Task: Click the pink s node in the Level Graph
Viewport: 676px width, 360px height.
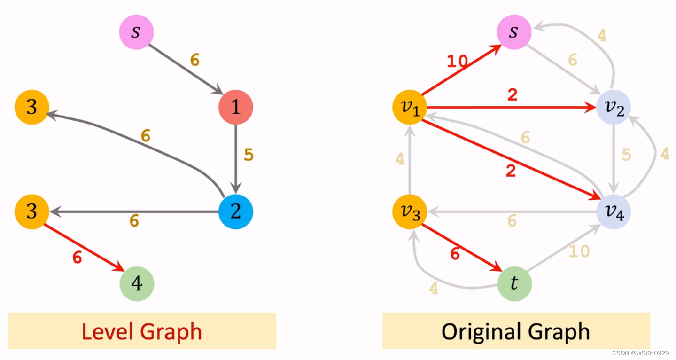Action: (136, 32)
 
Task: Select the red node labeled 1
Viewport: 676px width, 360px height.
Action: (236, 108)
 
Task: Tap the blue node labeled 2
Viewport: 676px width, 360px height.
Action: (236, 211)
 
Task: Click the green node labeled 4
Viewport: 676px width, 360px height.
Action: (137, 284)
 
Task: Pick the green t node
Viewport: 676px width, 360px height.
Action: (514, 284)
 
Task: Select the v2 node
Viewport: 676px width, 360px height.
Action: (614, 108)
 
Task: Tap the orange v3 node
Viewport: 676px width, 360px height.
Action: (410, 212)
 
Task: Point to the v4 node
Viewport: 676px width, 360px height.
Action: (614, 212)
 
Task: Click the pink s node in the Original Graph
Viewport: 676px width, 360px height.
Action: (514, 32)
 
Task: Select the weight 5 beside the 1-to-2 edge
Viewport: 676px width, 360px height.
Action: (249, 155)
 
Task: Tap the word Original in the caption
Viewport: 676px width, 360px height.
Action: (481, 332)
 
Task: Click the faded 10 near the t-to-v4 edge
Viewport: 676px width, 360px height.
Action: (579, 251)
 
